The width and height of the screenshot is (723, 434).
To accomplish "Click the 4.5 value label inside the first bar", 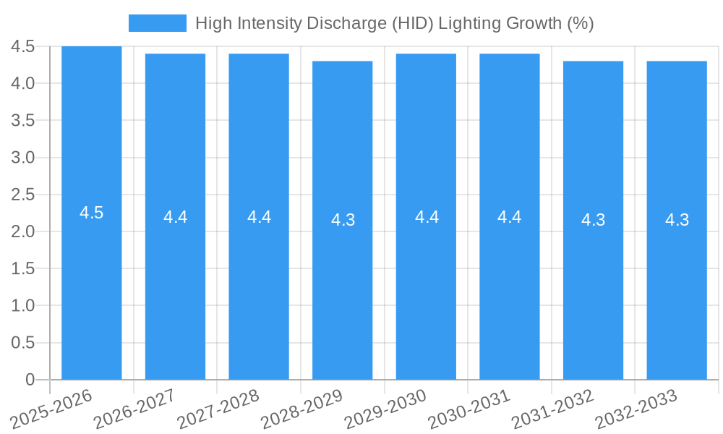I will pos(92,213).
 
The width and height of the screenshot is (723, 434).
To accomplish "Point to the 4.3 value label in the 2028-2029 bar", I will pos(343,220).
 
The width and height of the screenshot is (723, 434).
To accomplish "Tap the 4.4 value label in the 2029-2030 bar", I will pos(427,216).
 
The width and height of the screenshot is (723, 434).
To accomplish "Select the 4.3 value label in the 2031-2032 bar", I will pos(594,220).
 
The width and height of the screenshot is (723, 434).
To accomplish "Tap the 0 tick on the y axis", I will pos(30,380).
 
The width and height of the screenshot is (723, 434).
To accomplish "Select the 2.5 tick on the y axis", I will pos(23,195).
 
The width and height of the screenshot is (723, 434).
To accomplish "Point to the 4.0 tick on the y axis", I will pos(23,83).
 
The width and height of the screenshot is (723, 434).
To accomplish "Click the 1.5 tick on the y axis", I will pos(23,268).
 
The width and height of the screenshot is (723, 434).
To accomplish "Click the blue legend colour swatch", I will pos(157,23).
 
